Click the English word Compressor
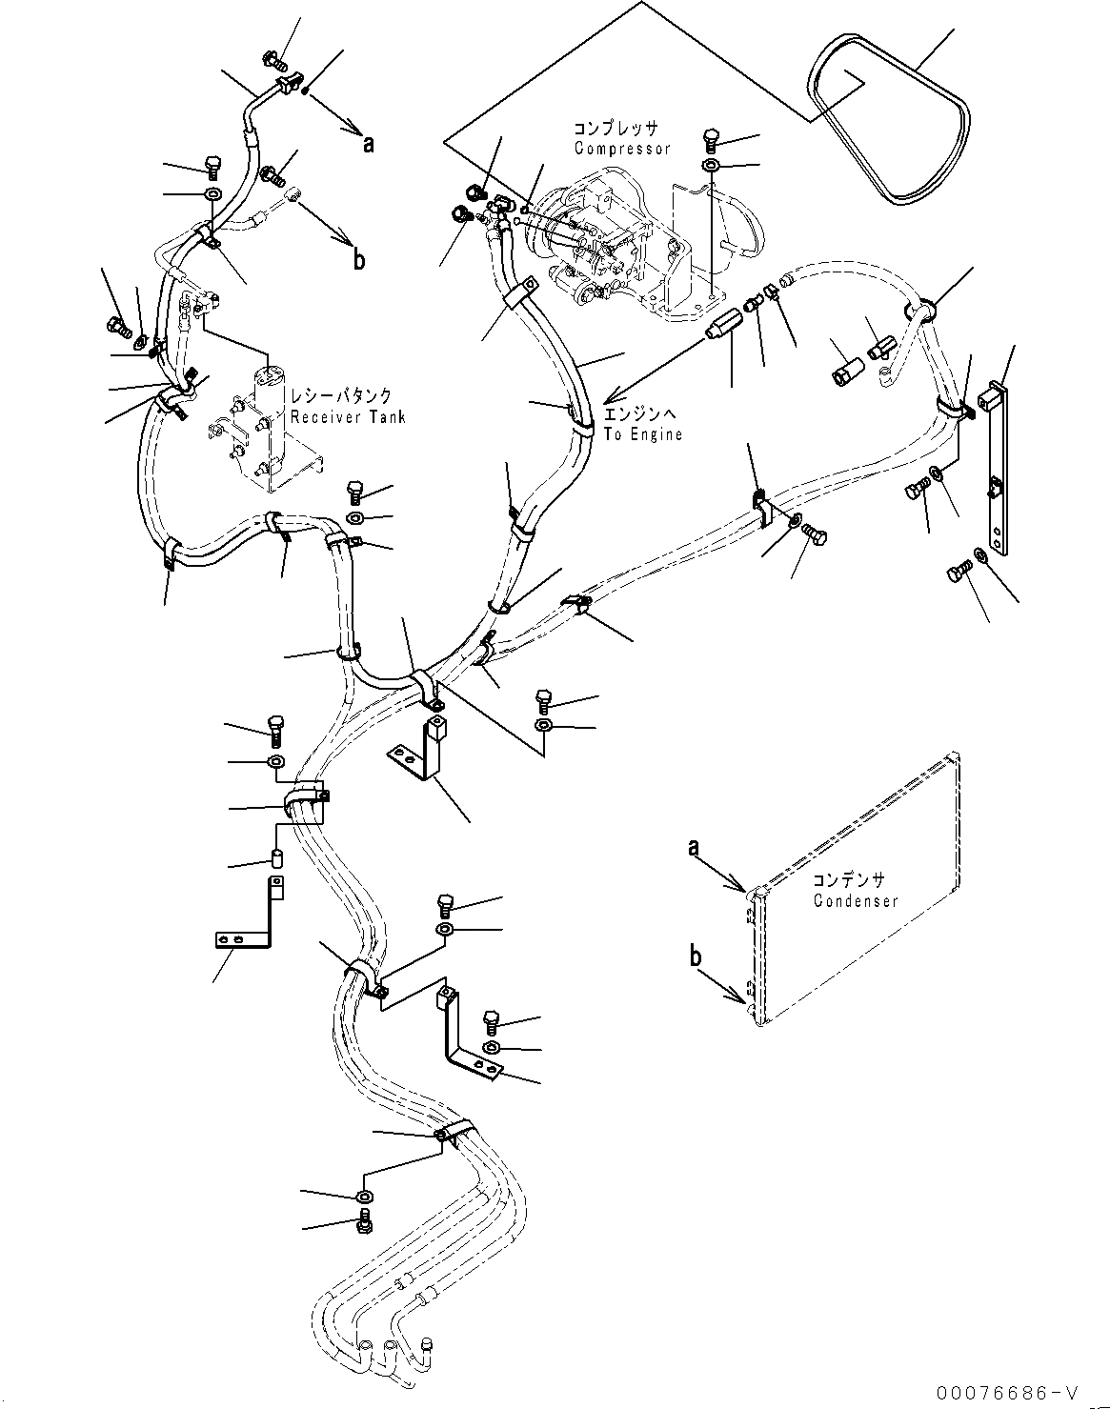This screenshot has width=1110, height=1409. point(622,149)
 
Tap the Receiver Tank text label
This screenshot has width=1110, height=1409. point(348,416)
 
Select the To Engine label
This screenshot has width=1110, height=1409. point(643,434)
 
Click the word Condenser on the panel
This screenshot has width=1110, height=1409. point(856,901)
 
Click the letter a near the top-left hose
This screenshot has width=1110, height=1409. point(368,144)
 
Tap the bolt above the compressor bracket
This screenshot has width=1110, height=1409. point(712,139)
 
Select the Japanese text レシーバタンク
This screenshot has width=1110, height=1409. point(349,396)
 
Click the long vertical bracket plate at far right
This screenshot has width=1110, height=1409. point(997,467)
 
